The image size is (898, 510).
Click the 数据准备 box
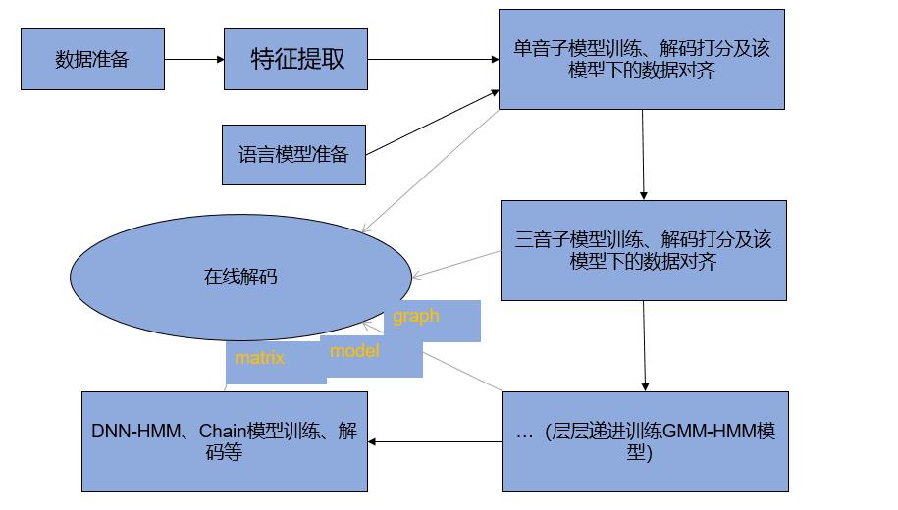pyautogui.click(x=92, y=59)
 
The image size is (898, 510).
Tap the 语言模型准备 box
pyautogui.click(x=293, y=155)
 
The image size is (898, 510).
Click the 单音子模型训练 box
pyautogui.click(x=641, y=59)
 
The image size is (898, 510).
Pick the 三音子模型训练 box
pyautogui.click(x=643, y=250)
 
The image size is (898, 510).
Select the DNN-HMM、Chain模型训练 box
pyautogui.click(x=224, y=441)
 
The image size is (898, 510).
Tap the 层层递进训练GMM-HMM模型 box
pyautogui.click(x=645, y=441)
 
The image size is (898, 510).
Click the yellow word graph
pyautogui.click(x=416, y=317)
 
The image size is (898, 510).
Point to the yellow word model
pyautogui.click(x=354, y=351)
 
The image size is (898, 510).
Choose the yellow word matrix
pyautogui.click(x=259, y=358)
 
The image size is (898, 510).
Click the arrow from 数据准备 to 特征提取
pyautogui.click(x=194, y=59)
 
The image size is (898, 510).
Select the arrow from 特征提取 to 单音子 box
pyautogui.click(x=433, y=59)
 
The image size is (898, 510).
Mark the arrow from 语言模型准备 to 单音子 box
pyautogui.click(x=432, y=124)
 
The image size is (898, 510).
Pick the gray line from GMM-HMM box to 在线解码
pyautogui.click(x=461, y=369)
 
